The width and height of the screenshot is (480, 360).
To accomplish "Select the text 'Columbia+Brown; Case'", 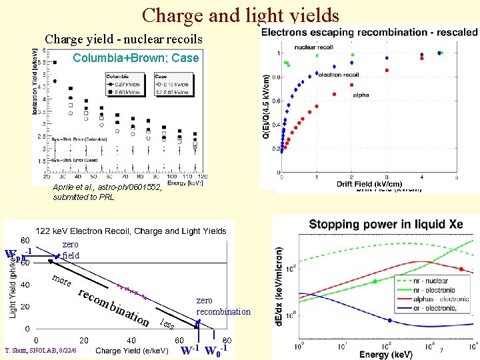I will point(135,58).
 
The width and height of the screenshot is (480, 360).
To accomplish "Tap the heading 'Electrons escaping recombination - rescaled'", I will point(369,32).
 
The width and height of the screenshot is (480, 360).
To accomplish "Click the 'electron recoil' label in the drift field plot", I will point(339,75).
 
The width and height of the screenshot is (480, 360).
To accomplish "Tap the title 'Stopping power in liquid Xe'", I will point(385,224).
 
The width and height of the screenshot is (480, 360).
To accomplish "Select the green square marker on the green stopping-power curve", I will point(375,281).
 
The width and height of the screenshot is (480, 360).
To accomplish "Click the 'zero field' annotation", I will point(70,250).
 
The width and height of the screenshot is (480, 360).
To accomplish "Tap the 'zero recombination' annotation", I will point(223,307).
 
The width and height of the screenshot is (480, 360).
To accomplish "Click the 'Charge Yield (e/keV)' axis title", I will point(132,351).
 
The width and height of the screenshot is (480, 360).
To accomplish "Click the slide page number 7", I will point(441,350).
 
